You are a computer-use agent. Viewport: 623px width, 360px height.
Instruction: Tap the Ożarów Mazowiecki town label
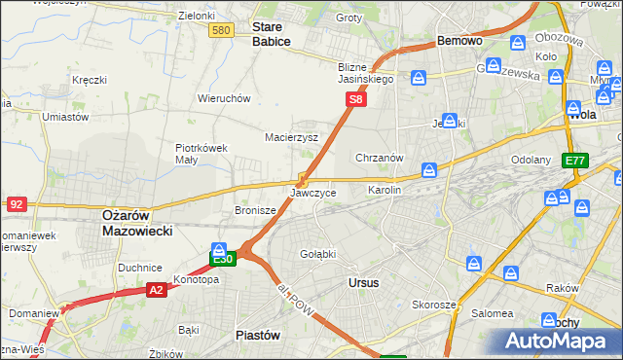pyautogui.click(x=137, y=224)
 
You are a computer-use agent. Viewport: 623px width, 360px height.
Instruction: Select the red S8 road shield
pyautogui.click(x=357, y=99)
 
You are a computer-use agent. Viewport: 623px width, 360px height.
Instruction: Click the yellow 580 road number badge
pyautogui.click(x=221, y=31)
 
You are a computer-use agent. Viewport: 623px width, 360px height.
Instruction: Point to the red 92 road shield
pyautogui.click(x=16, y=204)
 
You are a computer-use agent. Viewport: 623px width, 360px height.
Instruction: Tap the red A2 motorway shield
pyautogui.click(x=157, y=289)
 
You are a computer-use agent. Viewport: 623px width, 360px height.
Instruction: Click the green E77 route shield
pyautogui.click(x=575, y=161)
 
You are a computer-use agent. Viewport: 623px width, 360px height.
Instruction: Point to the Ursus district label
pyautogui.click(x=363, y=282)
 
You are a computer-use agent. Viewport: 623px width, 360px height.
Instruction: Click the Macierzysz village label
pyautogui.click(x=292, y=137)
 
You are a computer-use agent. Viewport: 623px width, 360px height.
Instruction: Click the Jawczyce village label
pyautogui.click(x=313, y=193)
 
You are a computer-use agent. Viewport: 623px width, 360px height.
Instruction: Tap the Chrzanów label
pyautogui.click(x=380, y=158)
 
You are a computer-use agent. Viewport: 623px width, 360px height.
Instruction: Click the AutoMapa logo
pyautogui.click(x=558, y=340)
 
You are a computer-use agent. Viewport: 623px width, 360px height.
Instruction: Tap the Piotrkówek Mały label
pyautogui.click(x=202, y=154)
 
